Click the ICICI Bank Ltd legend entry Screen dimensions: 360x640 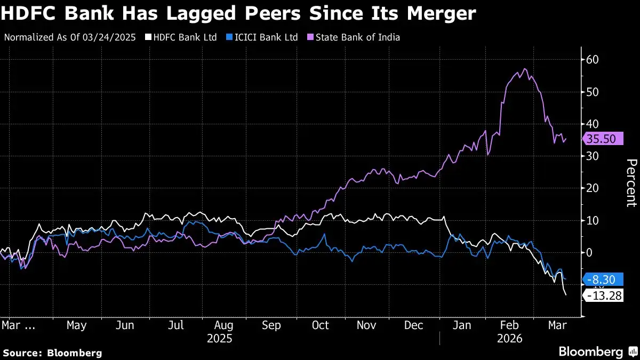[x=263, y=37]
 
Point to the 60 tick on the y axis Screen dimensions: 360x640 [x=592, y=60]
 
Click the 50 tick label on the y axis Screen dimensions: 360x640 [x=592, y=92]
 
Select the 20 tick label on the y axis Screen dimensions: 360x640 [x=592, y=188]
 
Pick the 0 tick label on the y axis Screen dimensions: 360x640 [x=589, y=252]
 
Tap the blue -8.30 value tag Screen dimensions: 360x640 [x=604, y=279]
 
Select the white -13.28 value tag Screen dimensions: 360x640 [x=604, y=295]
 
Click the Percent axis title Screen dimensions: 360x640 [x=631, y=183]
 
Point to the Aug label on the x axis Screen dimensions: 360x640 [x=223, y=325]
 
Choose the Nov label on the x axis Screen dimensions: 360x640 [x=367, y=325]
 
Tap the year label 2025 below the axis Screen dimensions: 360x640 [x=219, y=339]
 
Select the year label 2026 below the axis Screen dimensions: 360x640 [x=509, y=339]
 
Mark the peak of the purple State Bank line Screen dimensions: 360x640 [x=525, y=69]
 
